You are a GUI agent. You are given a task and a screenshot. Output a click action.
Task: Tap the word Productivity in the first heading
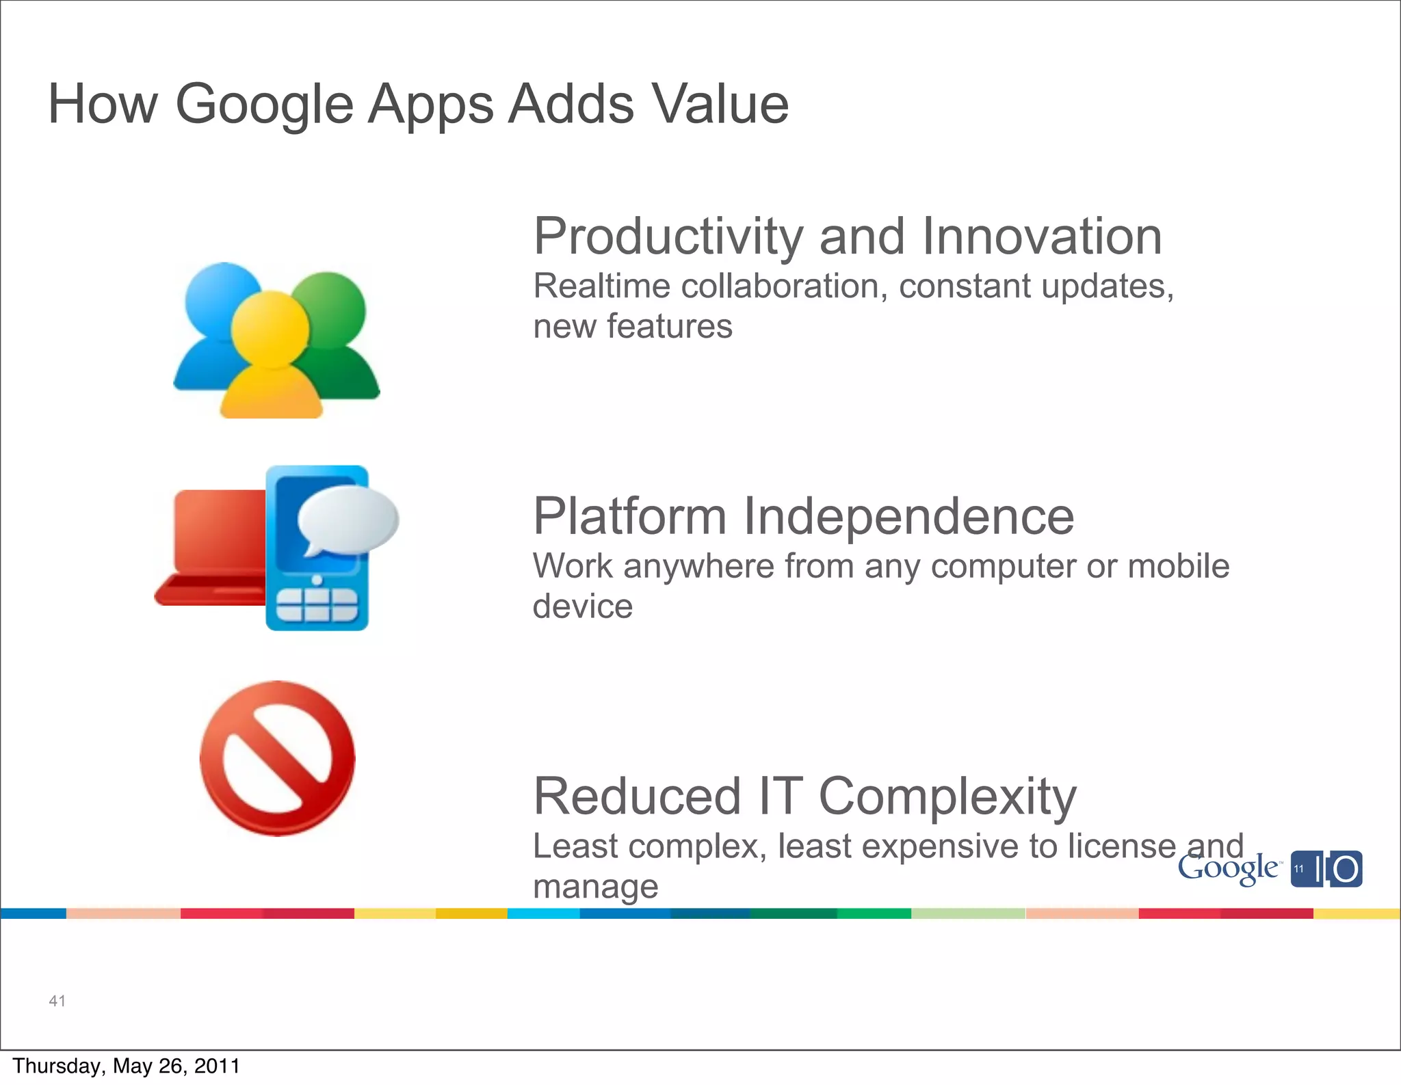coord(668,237)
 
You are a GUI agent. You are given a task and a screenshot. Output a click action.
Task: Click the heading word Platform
coord(629,517)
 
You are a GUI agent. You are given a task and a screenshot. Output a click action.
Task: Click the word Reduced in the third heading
coord(637,796)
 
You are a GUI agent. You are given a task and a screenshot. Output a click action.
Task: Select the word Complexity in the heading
coord(947,798)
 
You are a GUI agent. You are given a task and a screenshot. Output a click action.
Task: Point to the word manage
coord(595,887)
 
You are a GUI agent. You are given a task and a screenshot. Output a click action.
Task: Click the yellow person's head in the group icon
coord(270,330)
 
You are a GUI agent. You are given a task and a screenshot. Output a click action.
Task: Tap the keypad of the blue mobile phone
coord(316,604)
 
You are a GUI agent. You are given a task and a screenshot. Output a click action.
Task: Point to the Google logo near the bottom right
coord(1228,870)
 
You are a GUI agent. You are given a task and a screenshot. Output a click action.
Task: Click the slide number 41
coord(57,1001)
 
